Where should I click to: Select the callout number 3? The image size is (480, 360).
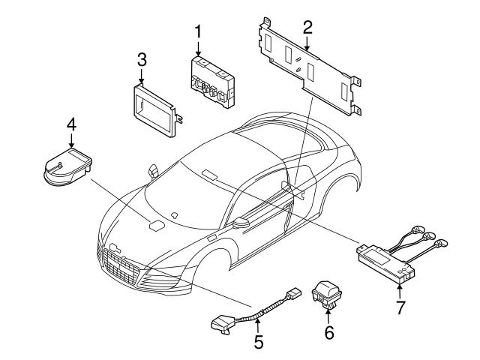(142, 59)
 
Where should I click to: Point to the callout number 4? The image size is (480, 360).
(70, 124)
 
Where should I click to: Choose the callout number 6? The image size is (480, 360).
(328, 331)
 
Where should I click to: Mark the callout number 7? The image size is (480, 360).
(400, 307)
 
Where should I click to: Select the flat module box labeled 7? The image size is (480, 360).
(387, 260)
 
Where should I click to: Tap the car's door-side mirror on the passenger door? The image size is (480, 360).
(242, 222)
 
